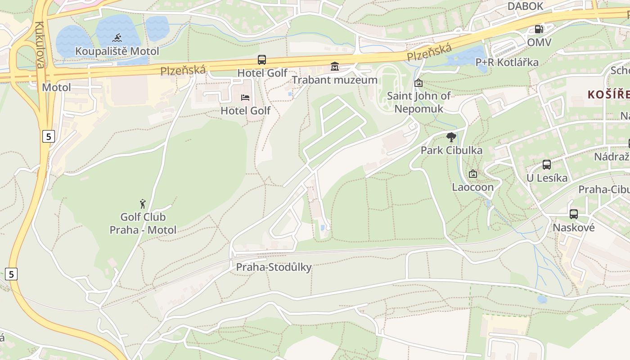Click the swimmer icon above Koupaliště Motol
(x=117, y=37)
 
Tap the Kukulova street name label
(x=40, y=45)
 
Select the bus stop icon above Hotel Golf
(x=262, y=59)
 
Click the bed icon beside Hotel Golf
(x=245, y=97)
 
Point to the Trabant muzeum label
(x=334, y=80)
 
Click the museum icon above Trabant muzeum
(x=334, y=67)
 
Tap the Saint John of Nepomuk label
(x=418, y=102)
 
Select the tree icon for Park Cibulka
(x=451, y=137)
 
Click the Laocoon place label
(x=472, y=187)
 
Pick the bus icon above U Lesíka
(x=547, y=165)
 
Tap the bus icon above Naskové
(x=573, y=214)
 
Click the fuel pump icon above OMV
(x=539, y=29)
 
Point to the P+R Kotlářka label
(x=507, y=63)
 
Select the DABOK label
(x=525, y=6)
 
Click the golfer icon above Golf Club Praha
(x=143, y=204)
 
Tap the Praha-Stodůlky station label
(x=274, y=267)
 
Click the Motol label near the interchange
(x=56, y=87)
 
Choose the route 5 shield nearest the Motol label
(x=49, y=136)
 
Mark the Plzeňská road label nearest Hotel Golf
(x=183, y=70)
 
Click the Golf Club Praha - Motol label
(x=143, y=224)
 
